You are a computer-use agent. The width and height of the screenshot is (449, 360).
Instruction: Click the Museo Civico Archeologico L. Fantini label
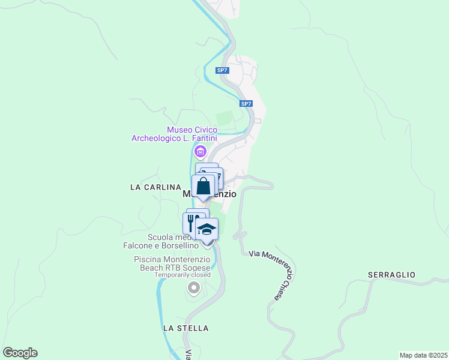pyautogui.click(x=175, y=134)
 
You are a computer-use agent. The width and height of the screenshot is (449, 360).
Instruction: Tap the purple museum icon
pyautogui.click(x=200, y=151)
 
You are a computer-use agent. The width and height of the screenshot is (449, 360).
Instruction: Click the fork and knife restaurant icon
pyautogui.click(x=191, y=223)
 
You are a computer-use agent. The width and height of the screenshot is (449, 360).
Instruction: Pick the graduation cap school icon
pyautogui.click(x=207, y=229)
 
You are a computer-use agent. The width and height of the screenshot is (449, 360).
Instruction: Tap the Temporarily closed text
pyautogui.click(x=182, y=275)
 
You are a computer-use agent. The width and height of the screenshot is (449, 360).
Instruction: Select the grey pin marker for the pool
pyautogui.click(x=193, y=289)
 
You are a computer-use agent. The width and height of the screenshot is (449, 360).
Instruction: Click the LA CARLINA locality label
pyautogui.click(x=155, y=187)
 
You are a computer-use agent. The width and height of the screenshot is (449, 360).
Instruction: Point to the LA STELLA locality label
pyautogui.click(x=185, y=328)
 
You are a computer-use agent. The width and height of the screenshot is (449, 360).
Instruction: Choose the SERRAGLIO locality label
pyautogui.click(x=391, y=274)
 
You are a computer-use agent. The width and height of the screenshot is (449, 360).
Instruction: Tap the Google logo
pyautogui.click(x=20, y=352)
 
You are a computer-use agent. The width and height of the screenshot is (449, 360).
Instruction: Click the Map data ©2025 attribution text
pyautogui.click(x=423, y=355)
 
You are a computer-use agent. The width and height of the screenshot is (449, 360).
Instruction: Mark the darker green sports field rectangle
pyautogui.click(x=224, y=119)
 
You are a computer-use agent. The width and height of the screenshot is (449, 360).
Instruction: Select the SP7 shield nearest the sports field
pyautogui.click(x=246, y=104)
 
